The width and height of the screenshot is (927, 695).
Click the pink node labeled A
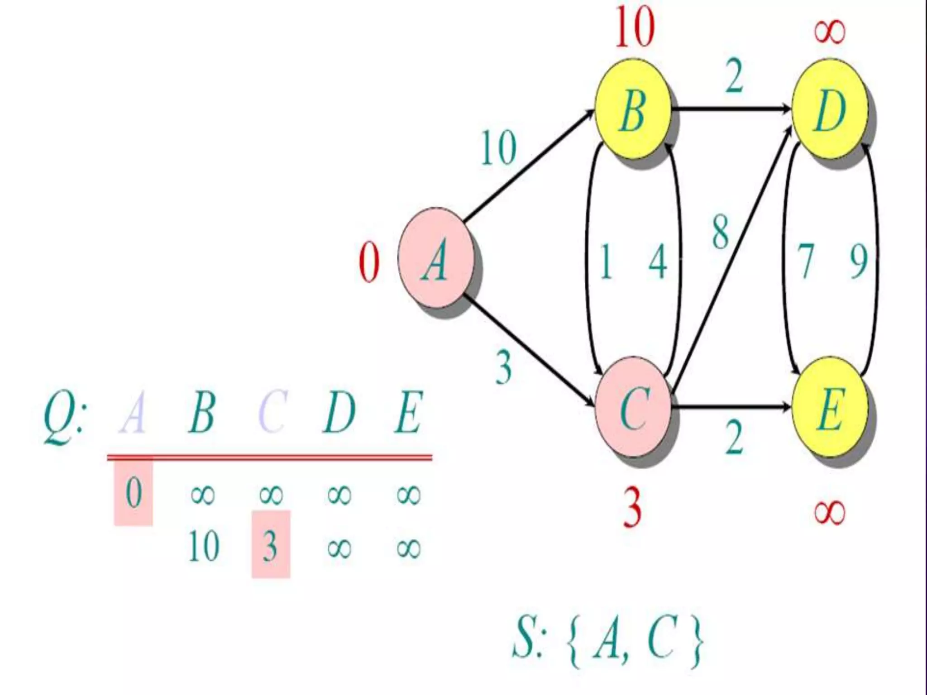[436, 258]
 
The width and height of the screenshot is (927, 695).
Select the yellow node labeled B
[632, 109]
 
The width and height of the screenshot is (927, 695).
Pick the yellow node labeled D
[829, 109]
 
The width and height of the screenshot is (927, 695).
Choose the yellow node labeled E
[829, 408]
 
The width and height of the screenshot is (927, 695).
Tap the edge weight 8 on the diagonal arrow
[721, 232]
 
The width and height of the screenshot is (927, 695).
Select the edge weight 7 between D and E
[805, 261]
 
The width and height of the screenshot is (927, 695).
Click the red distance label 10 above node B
[635, 28]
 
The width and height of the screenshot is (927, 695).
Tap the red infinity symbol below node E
[829, 512]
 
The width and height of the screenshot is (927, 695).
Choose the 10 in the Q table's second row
[204, 546]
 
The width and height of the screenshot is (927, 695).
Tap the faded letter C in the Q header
[272, 412]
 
